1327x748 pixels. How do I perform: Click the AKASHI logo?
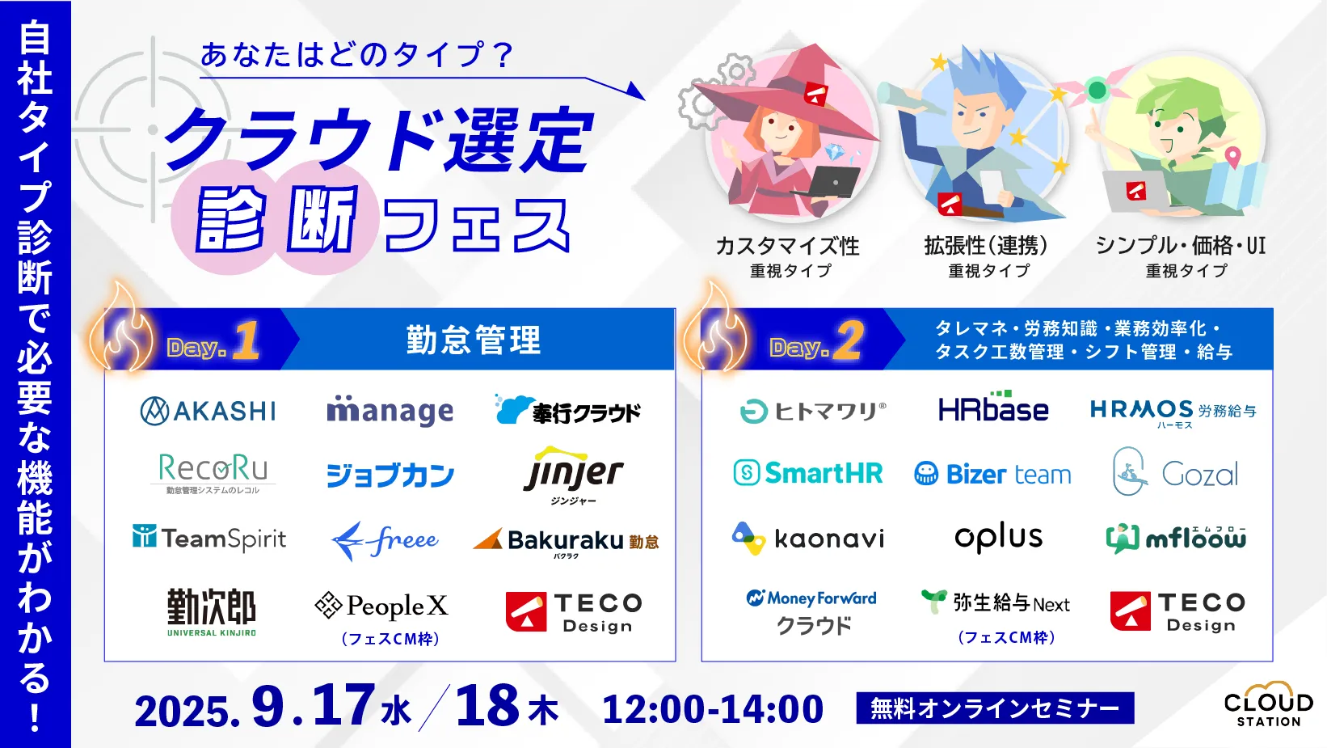pos(208,411)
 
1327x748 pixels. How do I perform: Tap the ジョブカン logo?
pos(390,475)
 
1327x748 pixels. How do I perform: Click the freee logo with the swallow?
pos(385,540)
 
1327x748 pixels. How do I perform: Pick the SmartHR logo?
pos(808,473)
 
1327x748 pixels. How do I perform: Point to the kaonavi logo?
pos(808,539)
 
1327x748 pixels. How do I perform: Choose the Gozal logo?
pos(1175,471)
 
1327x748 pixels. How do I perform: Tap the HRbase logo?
pos(993,407)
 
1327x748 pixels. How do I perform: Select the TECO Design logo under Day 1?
pos(574,611)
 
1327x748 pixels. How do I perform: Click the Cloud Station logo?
pos(1268,704)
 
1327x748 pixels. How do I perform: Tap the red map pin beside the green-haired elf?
pos(1232,158)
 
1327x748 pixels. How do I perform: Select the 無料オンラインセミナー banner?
pos(996,708)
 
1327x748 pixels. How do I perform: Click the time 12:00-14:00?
pos(713,709)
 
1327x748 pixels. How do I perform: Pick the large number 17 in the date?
pos(343,705)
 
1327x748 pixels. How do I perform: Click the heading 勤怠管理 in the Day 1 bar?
pos(474,340)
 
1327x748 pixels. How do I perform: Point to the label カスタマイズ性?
pos(787,246)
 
